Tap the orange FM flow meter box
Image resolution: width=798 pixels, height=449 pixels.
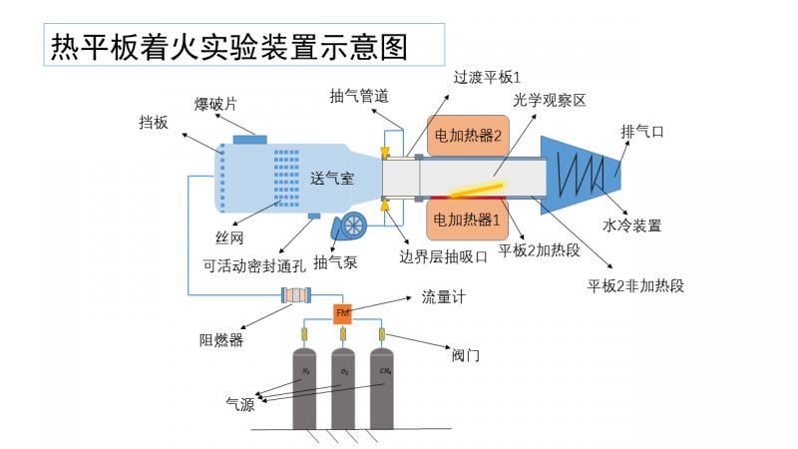point(342,314)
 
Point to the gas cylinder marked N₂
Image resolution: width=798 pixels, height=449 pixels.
point(306,389)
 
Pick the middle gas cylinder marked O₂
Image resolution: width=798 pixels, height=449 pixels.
point(344,389)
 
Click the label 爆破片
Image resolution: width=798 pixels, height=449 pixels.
point(215,104)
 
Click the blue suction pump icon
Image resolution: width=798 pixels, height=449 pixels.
point(349,226)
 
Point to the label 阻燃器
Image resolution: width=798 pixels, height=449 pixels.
point(221,339)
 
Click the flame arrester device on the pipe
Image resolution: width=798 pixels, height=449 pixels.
point(297,295)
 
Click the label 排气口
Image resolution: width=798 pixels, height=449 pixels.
point(642,131)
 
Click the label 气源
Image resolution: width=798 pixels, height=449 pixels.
point(240,404)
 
